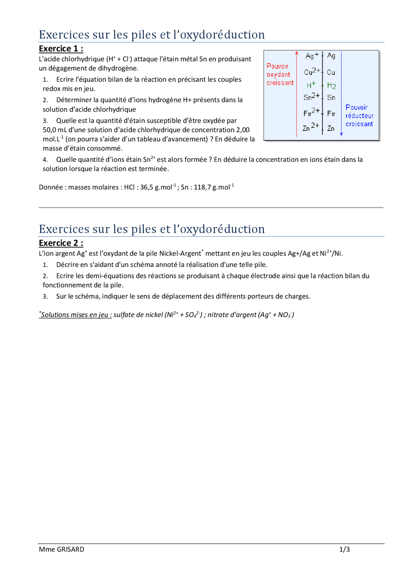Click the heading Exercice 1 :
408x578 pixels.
(x=61, y=49)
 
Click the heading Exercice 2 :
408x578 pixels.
(x=61, y=243)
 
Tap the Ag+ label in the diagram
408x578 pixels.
(x=312, y=56)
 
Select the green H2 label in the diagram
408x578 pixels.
(x=331, y=86)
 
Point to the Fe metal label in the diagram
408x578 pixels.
(x=331, y=113)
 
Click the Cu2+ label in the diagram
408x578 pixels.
(x=312, y=71)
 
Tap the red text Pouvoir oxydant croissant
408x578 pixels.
(x=280, y=74)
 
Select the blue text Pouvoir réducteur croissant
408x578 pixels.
(x=359, y=116)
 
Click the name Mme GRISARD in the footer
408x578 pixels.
(x=62, y=549)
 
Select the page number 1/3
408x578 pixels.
(x=344, y=549)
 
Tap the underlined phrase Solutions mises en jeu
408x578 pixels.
(x=76, y=315)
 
